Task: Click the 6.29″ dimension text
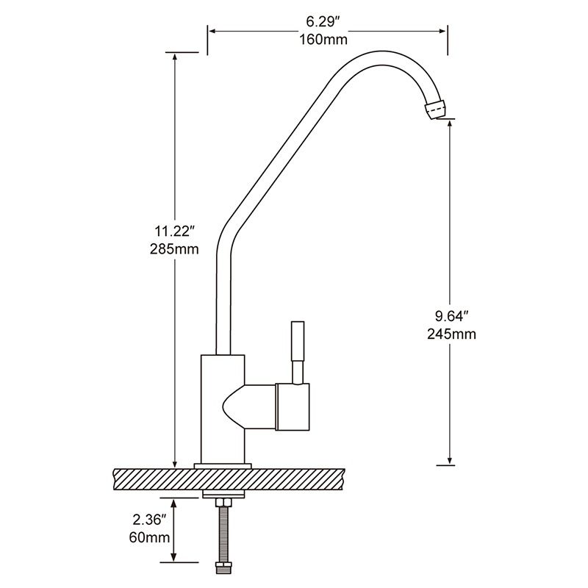coord(323,22)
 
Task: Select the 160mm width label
coord(323,39)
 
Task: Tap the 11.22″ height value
coord(174,232)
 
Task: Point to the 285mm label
coord(174,249)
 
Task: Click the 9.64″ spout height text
coord(452,316)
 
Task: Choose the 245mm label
coord(451,334)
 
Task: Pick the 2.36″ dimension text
coord(150,520)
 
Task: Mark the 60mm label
coord(150,537)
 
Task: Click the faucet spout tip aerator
coord(435,109)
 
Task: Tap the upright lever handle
coord(298,352)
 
